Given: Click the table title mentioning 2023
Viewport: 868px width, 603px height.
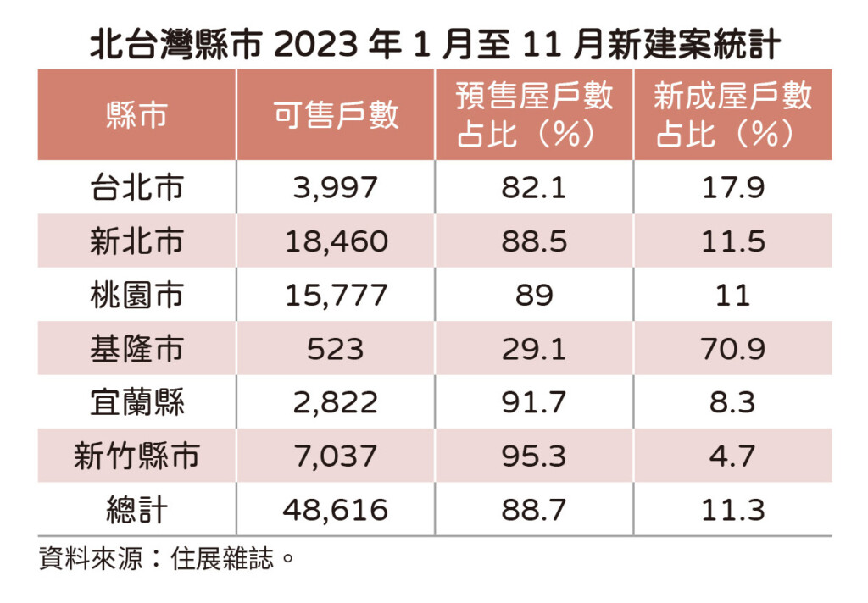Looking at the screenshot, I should pos(434,44).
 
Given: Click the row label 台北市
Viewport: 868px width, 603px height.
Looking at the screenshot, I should pos(136,188).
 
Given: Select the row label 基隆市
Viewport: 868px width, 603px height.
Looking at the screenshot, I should pos(136,349).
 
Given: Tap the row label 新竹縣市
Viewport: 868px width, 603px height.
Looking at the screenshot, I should pos(136,456).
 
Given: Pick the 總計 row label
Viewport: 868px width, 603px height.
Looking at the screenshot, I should pos(136,510).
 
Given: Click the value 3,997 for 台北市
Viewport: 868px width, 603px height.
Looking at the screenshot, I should pos(336,188).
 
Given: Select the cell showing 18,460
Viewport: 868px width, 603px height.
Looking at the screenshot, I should pos(336,241).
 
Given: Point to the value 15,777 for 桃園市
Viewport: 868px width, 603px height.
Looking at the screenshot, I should pos(336,296).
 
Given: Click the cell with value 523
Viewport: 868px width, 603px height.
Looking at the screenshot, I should pos(336,349).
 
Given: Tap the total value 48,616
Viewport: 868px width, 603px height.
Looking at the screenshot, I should pos(336,510).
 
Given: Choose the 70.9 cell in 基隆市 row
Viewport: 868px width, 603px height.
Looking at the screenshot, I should pos(732,349).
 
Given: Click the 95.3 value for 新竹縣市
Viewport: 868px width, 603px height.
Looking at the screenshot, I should pos(534,456).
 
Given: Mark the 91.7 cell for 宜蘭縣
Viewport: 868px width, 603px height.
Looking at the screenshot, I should pos(534,403).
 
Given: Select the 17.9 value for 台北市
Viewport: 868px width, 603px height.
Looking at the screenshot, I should pos(732,188).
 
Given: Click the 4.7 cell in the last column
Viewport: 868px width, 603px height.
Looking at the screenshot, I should pos(732,456).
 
